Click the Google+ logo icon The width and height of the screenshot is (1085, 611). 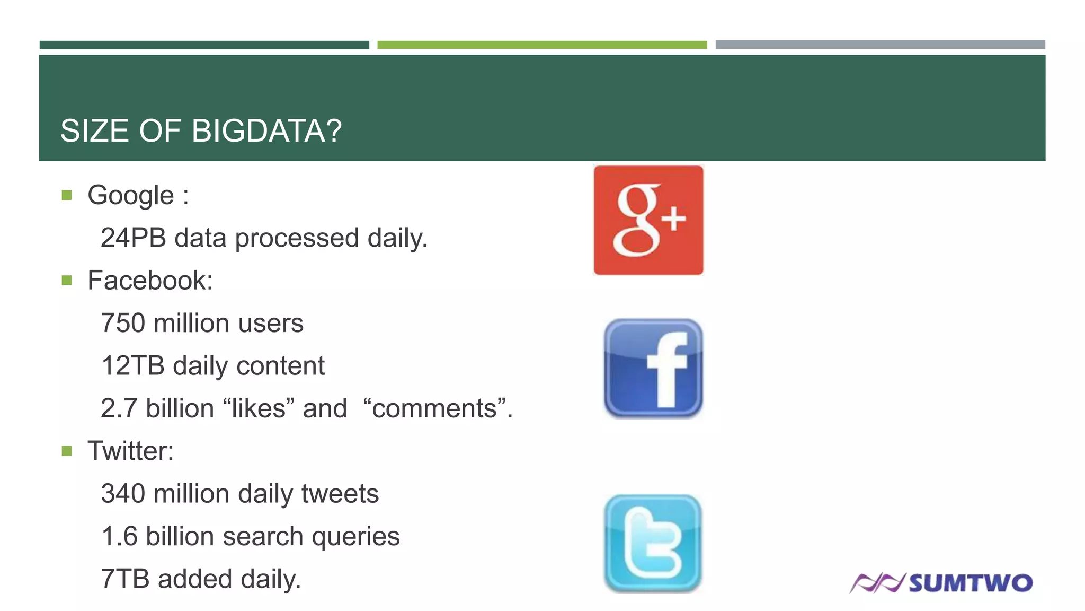[648, 220]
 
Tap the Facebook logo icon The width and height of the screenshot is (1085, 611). [653, 369]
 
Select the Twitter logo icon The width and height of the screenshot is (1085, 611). [653, 543]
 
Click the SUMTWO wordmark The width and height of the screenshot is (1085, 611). [971, 583]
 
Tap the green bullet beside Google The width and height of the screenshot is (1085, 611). [67, 195]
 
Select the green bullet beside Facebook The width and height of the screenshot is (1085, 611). [67, 280]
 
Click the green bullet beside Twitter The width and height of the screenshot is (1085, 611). [67, 451]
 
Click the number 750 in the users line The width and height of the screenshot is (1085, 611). [123, 323]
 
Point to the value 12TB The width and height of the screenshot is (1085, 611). [133, 366]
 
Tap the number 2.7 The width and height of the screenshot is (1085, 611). [119, 408]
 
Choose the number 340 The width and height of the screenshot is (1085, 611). [123, 494]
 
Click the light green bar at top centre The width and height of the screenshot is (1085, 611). [542, 45]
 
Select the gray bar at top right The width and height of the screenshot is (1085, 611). [880, 45]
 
